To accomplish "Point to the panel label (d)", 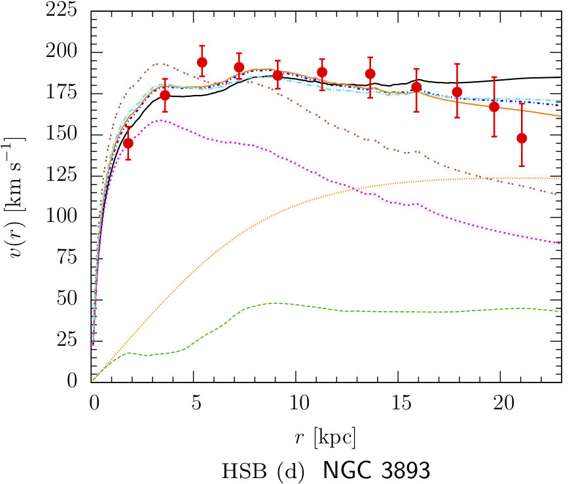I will (290, 471).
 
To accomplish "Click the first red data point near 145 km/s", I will (128, 143).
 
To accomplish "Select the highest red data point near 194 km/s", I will (202, 62).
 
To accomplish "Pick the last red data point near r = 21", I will (522, 138).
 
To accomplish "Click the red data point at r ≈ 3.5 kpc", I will (165, 95).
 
